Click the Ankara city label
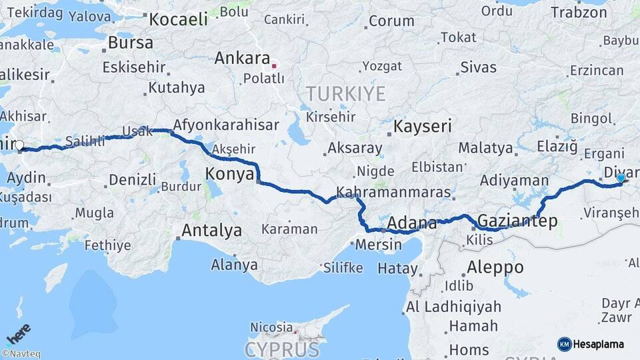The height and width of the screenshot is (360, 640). [x=242, y=58]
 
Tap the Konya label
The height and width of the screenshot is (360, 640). [x=229, y=174]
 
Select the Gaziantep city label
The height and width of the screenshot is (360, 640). [x=517, y=221]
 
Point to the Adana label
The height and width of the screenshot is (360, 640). [x=411, y=222]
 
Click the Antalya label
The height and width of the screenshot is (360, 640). [x=212, y=231]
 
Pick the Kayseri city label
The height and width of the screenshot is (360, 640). [x=423, y=126]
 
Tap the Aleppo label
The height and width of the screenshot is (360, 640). [x=495, y=267]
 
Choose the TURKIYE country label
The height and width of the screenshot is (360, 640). [x=345, y=94]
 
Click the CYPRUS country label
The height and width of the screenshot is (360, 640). [x=281, y=349]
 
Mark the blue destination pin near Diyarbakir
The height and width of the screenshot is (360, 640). [x=621, y=178]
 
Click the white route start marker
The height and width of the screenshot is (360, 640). [x=19, y=145]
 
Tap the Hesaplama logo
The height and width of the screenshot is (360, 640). [x=591, y=344]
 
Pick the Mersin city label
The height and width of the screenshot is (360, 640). [x=379, y=244]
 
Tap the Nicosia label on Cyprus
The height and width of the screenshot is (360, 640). [x=271, y=327]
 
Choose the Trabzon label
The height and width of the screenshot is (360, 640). [x=579, y=12]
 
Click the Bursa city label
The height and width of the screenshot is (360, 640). [x=131, y=43]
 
